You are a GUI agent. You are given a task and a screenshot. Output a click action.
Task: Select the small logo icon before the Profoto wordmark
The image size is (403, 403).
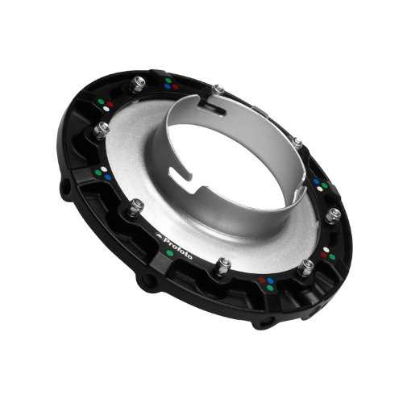[159, 235]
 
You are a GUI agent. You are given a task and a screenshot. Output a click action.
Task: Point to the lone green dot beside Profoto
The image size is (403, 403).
[169, 253]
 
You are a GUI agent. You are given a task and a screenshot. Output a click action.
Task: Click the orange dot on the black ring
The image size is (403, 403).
[262, 280]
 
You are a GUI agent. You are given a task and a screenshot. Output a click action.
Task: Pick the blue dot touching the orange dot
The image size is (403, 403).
[271, 280]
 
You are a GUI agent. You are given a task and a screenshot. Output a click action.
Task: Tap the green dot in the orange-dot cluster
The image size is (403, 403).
[270, 289]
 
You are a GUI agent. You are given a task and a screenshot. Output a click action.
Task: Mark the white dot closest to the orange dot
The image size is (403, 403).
[326, 250]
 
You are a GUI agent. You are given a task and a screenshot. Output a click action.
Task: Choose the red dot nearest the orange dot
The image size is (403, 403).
[323, 255]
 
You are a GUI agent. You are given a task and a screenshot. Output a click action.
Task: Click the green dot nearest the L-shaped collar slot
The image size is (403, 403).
[168, 80]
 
